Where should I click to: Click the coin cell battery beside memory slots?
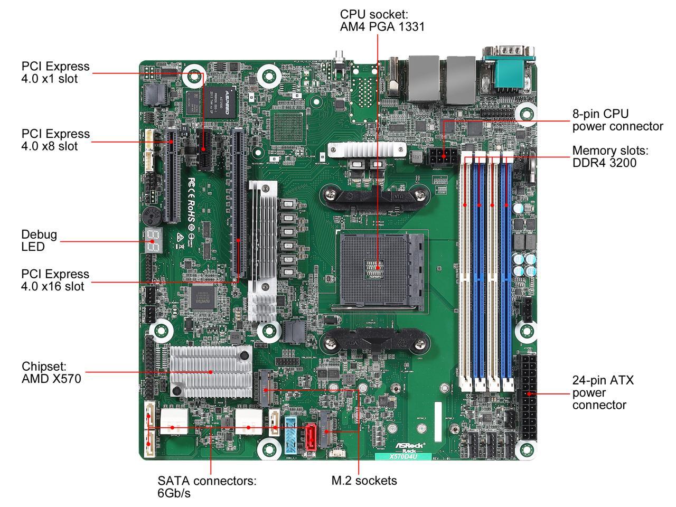coord(532,164)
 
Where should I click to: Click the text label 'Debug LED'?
coord(39,240)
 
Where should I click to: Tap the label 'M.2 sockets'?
coord(364,481)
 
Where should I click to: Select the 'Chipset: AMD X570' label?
coord(51,372)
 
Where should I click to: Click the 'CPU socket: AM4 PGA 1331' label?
coord(382,20)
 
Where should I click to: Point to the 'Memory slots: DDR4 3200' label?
coord(610,156)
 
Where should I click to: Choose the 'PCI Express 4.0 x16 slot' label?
coord(55,280)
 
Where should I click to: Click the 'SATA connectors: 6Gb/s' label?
coord(206,487)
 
